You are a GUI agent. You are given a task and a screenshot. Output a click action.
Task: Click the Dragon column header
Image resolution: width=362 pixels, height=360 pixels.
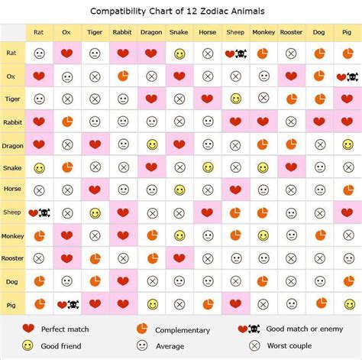click(x=150, y=34)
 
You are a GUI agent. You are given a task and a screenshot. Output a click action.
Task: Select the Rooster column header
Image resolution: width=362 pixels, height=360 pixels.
click(x=291, y=34)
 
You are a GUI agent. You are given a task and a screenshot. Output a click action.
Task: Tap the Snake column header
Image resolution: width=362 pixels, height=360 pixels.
click(x=179, y=34)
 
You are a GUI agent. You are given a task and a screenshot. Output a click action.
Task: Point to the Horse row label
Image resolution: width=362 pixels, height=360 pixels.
click(x=12, y=190)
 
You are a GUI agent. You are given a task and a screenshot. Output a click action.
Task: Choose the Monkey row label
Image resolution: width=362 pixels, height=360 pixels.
click(x=12, y=236)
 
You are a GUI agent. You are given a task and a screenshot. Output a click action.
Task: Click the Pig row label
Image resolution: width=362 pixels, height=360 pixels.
click(x=12, y=304)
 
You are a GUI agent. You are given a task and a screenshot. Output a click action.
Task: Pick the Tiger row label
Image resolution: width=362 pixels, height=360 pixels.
click(x=12, y=99)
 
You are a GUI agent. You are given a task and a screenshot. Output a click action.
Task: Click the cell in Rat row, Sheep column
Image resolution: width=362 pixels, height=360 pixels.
click(x=235, y=54)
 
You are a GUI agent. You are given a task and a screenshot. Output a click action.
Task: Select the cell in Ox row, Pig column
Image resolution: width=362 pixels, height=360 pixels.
click(x=347, y=77)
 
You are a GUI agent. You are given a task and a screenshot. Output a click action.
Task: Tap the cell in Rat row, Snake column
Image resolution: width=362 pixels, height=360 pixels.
click(x=179, y=54)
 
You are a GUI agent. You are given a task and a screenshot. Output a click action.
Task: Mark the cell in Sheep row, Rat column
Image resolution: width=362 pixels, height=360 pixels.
click(x=39, y=213)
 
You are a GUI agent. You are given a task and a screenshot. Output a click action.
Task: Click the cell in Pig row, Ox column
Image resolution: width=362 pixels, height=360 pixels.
click(x=67, y=304)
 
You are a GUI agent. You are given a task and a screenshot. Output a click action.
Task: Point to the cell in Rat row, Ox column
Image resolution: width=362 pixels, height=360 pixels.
click(x=67, y=54)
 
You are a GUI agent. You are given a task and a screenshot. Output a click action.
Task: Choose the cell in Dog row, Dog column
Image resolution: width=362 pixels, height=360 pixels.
click(x=319, y=281)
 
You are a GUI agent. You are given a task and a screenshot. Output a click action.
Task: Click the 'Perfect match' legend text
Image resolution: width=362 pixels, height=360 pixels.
click(x=65, y=329)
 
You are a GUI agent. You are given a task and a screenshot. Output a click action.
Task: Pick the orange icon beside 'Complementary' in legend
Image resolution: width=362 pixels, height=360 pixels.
click(x=141, y=329)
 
